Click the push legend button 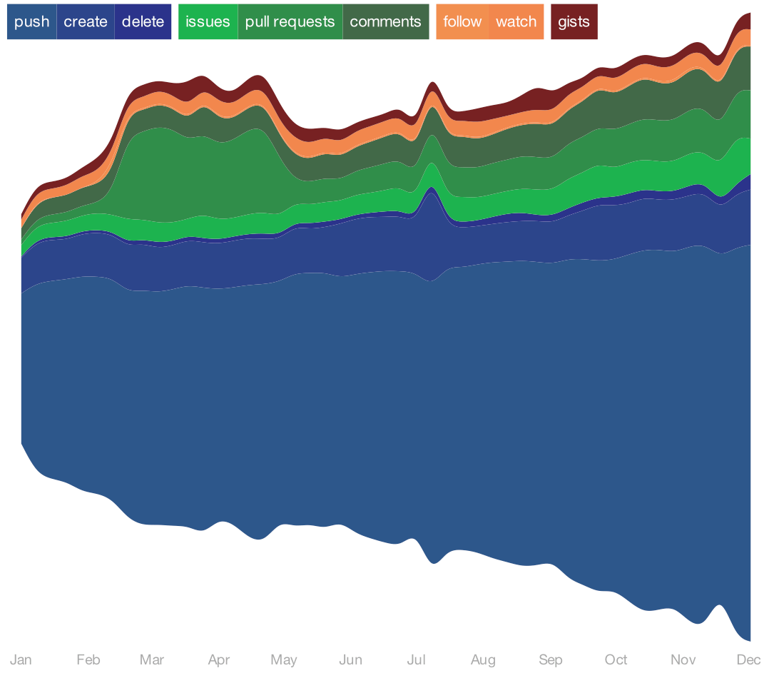[x=31, y=21]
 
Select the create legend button [x=86, y=21]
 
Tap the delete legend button [x=143, y=21]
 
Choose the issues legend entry [x=208, y=21]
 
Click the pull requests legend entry [x=290, y=21]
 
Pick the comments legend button [x=385, y=21]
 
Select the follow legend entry [x=462, y=21]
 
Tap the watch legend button [x=516, y=21]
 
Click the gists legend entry [x=574, y=21]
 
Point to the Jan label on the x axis [x=21, y=659]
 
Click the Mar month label [x=152, y=659]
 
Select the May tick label [x=284, y=659]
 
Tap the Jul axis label [x=416, y=659]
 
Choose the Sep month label [x=551, y=659]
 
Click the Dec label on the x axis [x=748, y=659]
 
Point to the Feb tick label [x=88, y=659]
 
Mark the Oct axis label [x=616, y=659]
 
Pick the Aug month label [x=483, y=659]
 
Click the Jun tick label [x=350, y=659]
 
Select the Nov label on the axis [x=683, y=659]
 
